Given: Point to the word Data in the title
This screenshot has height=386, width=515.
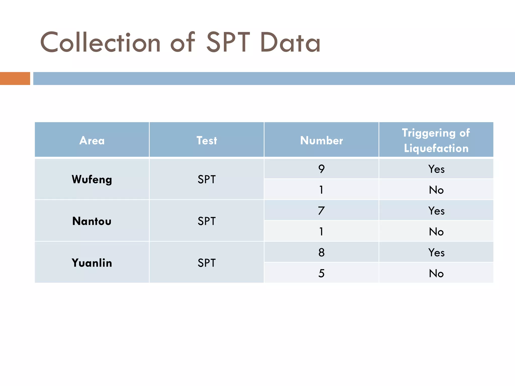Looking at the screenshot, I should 290,43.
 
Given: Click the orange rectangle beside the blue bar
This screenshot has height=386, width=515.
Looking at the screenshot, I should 15,78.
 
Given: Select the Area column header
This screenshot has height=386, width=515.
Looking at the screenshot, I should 92,140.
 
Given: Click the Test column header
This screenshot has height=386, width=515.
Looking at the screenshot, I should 206,140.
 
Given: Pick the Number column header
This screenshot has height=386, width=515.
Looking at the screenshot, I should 321,140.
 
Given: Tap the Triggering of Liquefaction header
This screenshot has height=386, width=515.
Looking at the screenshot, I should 436,140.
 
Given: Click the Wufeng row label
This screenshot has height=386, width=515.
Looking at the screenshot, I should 92,179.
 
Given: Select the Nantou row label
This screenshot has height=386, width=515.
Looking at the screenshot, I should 92,221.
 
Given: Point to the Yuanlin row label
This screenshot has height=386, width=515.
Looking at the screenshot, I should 92,263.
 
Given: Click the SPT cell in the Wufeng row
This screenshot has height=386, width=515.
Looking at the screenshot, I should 206,179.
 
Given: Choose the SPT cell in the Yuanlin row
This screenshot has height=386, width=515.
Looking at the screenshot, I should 206,263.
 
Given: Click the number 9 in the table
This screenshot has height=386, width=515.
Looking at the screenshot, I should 321,169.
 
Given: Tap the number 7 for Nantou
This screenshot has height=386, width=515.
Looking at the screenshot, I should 321,211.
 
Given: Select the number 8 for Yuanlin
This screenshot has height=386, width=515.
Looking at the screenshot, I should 321,252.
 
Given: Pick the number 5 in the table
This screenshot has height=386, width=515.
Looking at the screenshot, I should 321,273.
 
